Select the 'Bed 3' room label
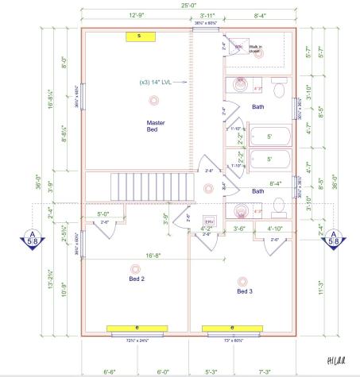click(x=245, y=291)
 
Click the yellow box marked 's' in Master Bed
click(x=139, y=36)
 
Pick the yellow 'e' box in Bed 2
click(x=137, y=327)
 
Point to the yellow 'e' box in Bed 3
click(x=231, y=327)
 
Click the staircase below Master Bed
click(x=153, y=187)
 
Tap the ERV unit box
click(x=210, y=221)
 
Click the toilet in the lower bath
click(x=277, y=207)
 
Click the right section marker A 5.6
click(x=334, y=237)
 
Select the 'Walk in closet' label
click(x=256, y=49)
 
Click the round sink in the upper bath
click(x=238, y=84)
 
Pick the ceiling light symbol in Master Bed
click(x=153, y=100)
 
